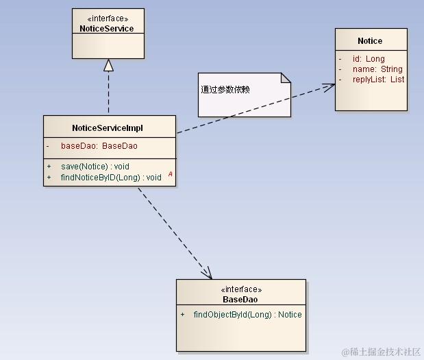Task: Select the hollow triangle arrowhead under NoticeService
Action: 108,65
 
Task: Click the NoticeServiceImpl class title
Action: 108,128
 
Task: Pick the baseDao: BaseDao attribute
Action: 99,146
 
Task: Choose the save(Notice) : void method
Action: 95,167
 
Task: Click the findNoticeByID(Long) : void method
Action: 111,178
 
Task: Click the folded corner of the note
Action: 286,77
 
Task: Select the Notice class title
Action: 370,41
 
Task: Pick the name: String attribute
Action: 377,69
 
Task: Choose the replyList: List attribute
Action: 378,80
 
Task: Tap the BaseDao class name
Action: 240,300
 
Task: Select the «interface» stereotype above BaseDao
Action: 241,289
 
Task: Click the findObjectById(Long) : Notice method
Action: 247,315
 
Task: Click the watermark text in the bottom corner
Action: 381,352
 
